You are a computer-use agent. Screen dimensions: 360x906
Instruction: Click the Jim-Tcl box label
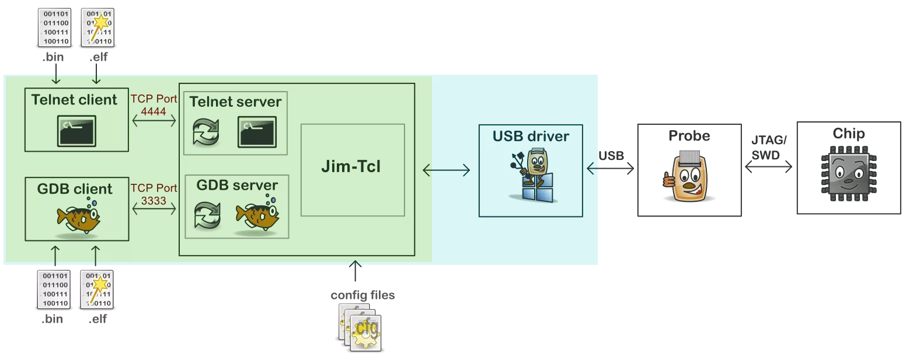(351, 167)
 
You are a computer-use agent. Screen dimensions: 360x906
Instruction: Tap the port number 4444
(154, 111)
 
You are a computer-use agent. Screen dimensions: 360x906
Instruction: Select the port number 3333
(154, 201)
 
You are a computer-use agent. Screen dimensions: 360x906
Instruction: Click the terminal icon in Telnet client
(76, 131)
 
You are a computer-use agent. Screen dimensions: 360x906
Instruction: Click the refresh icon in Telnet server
(206, 132)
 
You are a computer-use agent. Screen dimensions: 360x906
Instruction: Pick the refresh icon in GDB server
(207, 215)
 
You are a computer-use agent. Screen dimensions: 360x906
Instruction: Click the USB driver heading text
(531, 137)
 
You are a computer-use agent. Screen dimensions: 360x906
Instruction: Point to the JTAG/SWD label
(769, 148)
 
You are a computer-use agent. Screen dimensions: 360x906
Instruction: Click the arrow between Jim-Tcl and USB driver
(446, 170)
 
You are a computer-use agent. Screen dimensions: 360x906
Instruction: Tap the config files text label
(363, 295)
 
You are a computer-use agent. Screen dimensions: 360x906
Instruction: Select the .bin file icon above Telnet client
(54, 27)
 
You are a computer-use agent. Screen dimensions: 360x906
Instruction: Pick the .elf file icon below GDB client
(97, 289)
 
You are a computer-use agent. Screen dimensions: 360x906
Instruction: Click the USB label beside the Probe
(611, 156)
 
